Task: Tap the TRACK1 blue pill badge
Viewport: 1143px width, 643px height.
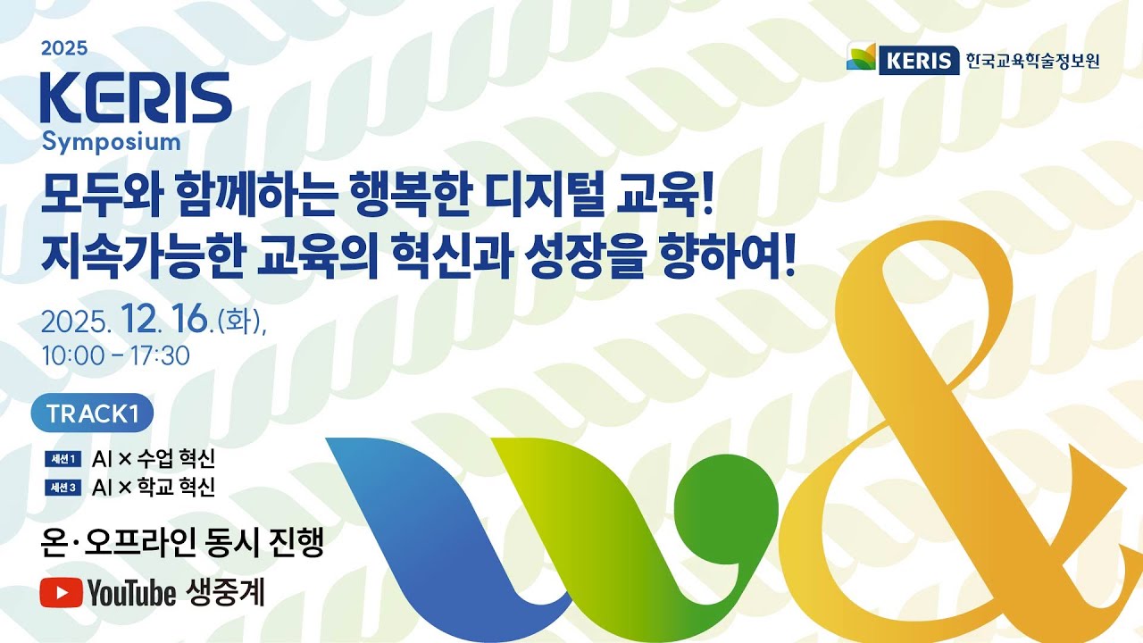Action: (92, 413)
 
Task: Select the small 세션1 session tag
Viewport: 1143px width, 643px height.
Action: (64, 460)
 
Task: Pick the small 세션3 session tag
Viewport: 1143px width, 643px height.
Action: (64, 488)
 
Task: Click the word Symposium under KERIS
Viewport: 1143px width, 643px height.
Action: (112, 141)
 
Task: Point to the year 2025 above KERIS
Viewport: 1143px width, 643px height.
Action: (64, 49)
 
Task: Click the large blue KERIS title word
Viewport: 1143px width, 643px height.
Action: (136, 98)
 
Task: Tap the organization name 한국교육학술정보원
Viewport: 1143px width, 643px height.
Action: (1031, 61)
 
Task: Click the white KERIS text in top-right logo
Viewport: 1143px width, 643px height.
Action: (918, 61)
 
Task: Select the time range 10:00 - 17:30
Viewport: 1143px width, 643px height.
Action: (115, 355)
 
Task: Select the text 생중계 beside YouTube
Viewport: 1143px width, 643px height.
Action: (226, 592)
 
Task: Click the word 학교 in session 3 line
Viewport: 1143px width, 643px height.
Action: (157, 488)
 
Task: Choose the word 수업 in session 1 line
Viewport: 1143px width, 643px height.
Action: (157, 460)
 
